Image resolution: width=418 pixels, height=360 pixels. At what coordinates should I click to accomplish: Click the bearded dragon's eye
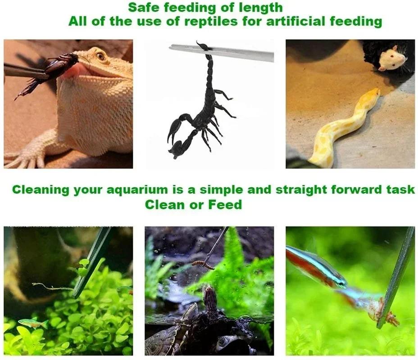100,56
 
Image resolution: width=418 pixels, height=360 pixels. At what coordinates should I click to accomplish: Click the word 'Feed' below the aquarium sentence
225,205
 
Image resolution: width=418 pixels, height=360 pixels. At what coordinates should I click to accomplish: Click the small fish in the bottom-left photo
33,323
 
